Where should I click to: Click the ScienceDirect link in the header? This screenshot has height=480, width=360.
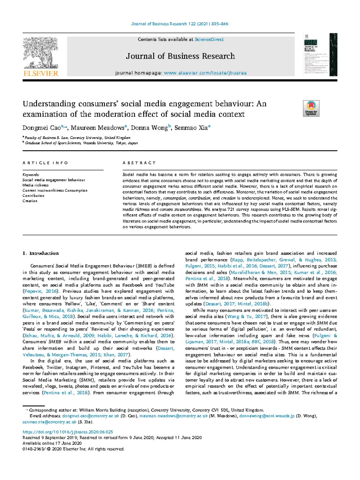tap(209, 39)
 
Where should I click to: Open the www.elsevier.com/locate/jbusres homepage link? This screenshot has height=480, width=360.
tap(205, 73)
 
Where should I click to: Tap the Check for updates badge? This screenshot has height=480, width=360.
tap(311, 108)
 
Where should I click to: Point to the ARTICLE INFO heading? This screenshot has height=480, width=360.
tap(45, 163)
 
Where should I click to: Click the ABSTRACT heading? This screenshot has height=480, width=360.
tap(139, 163)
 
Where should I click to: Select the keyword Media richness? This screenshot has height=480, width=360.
tap(35, 185)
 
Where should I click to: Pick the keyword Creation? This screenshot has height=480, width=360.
tap(30, 201)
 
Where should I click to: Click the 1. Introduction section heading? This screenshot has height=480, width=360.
tap(40, 253)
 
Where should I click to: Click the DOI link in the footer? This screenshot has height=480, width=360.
tap(68, 432)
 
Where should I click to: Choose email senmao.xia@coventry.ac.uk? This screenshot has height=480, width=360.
tap(49, 422)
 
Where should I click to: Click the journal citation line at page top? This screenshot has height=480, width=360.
tap(180, 24)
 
